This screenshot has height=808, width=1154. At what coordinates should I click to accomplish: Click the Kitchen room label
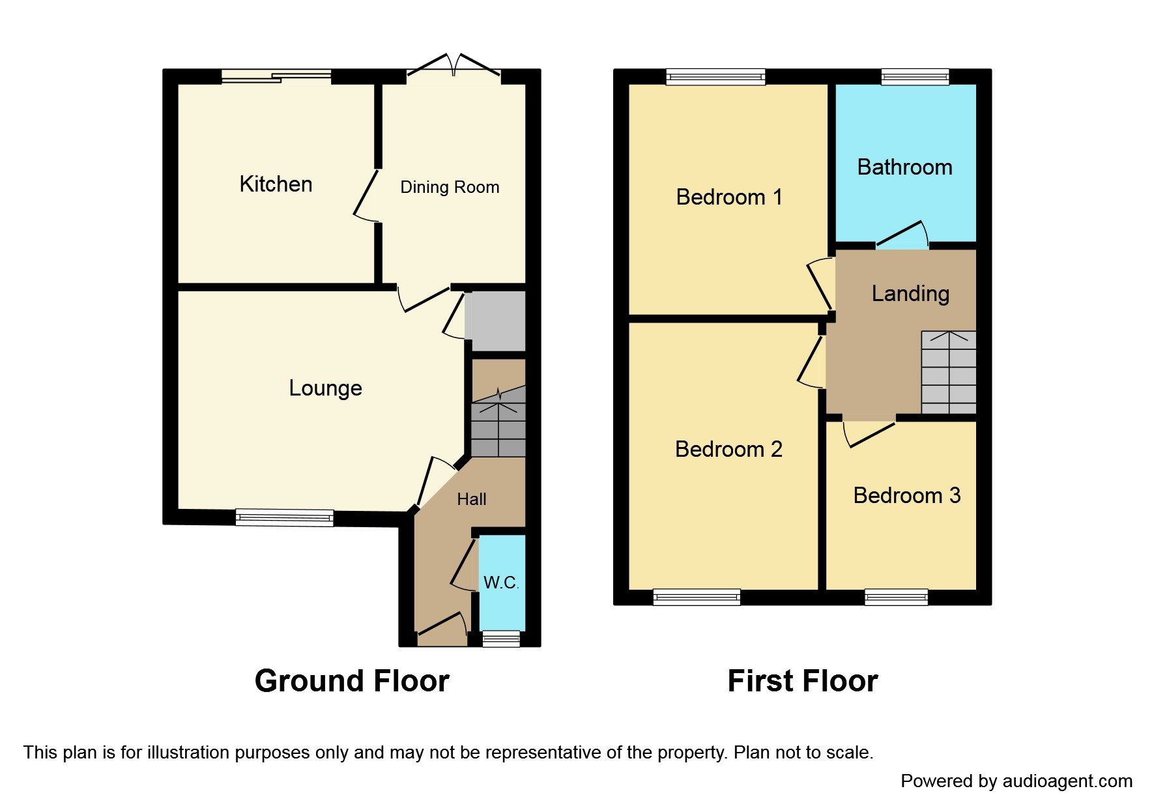pos(276,184)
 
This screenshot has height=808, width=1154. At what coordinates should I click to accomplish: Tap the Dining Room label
pos(450,188)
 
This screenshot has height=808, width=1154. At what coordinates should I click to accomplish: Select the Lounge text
pos(325,388)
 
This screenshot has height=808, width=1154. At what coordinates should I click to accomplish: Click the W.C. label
pos(501,583)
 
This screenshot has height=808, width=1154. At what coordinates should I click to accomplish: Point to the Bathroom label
pos(904,167)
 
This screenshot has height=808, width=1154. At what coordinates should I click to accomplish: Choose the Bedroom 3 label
pos(906,496)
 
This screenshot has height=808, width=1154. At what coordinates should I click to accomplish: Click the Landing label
pos(910,294)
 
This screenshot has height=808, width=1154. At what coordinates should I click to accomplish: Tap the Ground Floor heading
pos(352,681)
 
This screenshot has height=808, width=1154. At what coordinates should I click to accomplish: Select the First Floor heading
pos(802,681)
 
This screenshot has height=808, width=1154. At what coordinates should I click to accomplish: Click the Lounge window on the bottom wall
pos(285,518)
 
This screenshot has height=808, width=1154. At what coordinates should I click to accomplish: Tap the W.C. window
pos(500,639)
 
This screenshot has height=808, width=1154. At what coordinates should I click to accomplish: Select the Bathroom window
pos(915,77)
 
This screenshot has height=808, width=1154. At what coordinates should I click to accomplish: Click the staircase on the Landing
pos(948,373)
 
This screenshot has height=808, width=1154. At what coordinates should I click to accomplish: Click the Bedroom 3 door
pos(870,433)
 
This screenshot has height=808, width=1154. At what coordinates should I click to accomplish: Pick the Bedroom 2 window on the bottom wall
pos(697,597)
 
